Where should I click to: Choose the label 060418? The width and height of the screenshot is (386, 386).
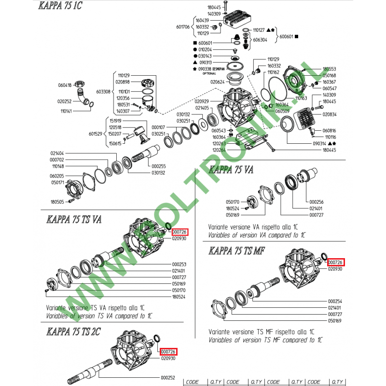tap(65, 85)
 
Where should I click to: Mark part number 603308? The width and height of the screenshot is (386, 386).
tap(104, 91)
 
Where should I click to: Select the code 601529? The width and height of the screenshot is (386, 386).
tap(95, 134)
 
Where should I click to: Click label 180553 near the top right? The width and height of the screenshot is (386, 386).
tap(329, 69)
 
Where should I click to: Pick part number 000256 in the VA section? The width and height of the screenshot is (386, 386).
tap(316, 202)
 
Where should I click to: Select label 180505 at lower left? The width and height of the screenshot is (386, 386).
tap(57, 202)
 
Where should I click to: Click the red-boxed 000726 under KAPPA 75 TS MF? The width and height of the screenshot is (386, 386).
tap(336, 262)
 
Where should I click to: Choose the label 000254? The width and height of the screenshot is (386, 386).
tap(335, 300)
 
